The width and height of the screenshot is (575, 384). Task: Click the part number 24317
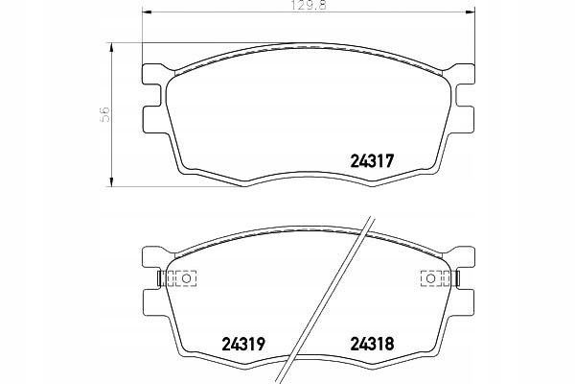372,161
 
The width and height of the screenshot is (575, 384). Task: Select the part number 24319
243,344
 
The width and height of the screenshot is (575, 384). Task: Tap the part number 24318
372,344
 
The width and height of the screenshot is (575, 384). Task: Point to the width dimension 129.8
309,6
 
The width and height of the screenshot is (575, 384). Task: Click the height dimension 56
104,114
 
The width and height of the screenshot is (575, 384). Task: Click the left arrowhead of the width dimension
147,12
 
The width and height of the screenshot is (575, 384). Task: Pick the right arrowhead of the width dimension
471,12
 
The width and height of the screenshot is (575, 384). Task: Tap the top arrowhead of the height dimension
111,47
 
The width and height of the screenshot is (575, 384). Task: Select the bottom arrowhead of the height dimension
111,181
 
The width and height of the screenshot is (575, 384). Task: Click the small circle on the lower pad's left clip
186,278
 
